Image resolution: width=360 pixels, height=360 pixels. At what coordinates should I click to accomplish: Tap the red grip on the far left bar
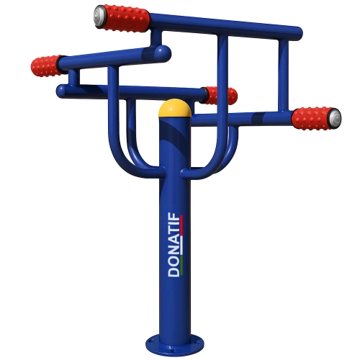(x=48, y=66)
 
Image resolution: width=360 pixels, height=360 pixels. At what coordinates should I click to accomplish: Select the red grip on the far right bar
(x=314, y=117)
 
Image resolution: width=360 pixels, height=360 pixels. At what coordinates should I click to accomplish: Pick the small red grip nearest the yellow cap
(x=220, y=95)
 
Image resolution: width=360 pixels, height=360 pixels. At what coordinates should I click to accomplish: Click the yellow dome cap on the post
(x=176, y=109)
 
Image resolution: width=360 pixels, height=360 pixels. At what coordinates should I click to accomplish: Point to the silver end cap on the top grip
(x=99, y=12)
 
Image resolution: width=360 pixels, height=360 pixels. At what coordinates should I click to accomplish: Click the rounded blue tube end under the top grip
(x=165, y=52)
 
